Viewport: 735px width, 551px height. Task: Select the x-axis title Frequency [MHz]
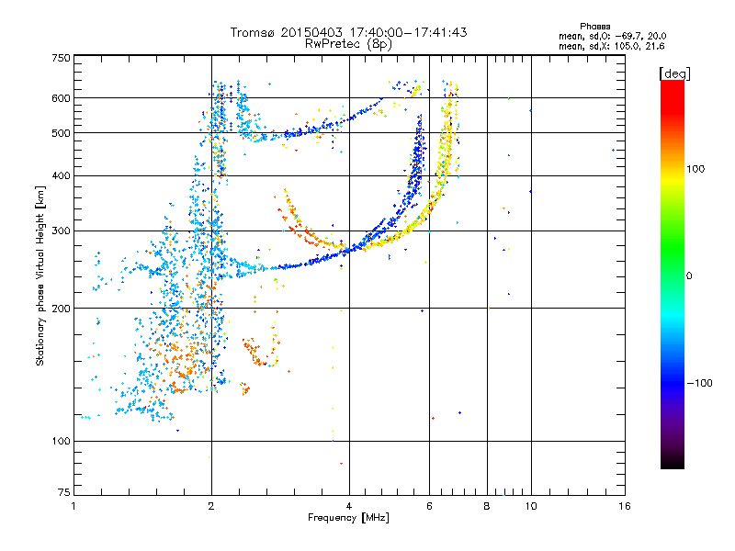[349, 518]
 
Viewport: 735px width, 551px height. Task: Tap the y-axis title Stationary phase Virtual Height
[40, 275]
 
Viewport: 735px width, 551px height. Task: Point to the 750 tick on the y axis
[61, 58]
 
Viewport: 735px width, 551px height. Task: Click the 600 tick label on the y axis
[61, 97]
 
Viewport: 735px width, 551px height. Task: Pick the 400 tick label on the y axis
[61, 175]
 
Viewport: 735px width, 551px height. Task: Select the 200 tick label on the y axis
[61, 309]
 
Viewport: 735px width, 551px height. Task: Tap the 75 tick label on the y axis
[63, 494]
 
